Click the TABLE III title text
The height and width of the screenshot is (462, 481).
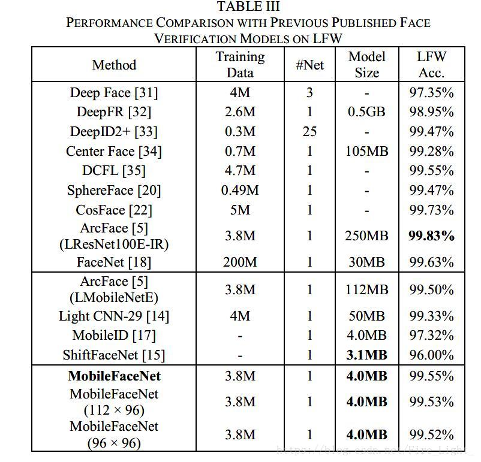point(248,7)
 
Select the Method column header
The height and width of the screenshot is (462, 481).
point(114,65)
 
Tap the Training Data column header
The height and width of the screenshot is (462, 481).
point(240,65)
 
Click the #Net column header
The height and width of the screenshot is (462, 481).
point(309,65)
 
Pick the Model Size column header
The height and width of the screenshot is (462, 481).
point(366,65)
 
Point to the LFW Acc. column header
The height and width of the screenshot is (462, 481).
point(431,65)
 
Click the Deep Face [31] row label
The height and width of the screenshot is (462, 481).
point(114,93)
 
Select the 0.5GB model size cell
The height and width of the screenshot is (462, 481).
point(366,112)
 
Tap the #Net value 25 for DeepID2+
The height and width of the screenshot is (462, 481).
point(309,132)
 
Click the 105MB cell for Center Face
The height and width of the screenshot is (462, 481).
point(366,151)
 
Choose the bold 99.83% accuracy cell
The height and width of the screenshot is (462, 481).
point(431,236)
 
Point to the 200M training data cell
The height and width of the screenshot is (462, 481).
point(240,262)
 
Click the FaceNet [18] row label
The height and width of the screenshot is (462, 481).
point(114,262)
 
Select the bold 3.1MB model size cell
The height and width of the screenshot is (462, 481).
point(366,355)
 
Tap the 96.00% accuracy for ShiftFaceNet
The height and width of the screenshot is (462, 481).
point(431,355)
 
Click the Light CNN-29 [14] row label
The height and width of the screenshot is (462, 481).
point(114,316)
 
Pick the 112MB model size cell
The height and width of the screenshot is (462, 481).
point(366,290)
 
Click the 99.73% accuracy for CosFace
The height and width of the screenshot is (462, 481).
point(431,210)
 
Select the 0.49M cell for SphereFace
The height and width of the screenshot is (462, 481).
point(240,191)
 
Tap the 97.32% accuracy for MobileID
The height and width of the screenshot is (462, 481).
point(431,336)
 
